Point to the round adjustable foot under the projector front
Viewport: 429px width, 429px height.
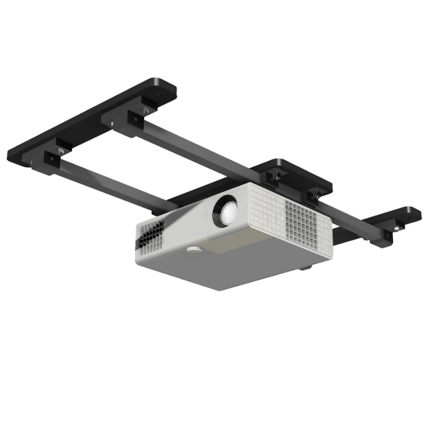pos(194,249)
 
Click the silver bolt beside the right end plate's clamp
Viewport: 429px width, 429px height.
pos(395,229)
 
